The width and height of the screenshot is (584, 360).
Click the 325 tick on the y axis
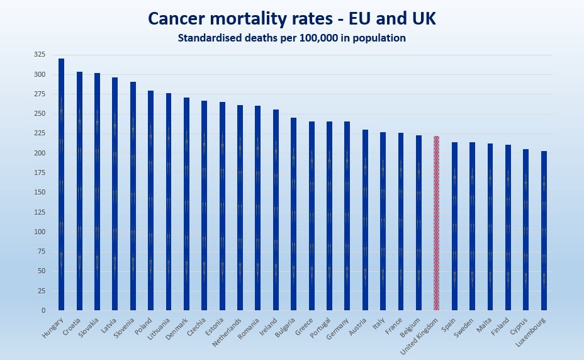[x=40, y=55]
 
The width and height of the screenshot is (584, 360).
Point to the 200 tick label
[x=40, y=153]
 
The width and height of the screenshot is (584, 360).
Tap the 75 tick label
[x=42, y=251]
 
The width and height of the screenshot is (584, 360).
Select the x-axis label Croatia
[x=72, y=327]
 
